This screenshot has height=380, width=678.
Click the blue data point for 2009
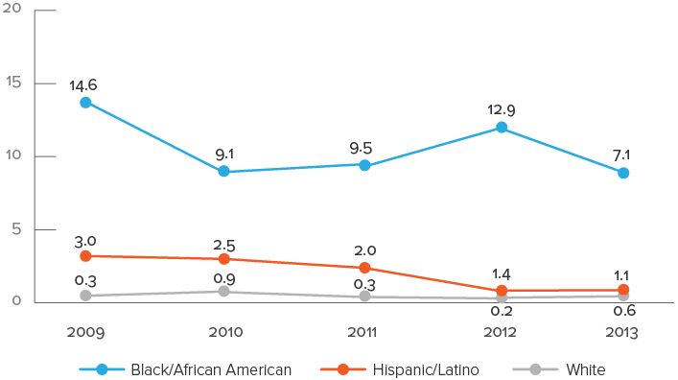(85, 102)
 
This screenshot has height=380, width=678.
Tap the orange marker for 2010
(223, 258)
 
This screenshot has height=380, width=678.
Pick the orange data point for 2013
(623, 289)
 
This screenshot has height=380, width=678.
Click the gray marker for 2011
(364, 297)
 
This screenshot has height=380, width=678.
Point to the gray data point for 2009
(85, 296)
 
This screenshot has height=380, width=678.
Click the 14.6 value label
(83, 85)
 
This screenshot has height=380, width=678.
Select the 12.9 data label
(502, 109)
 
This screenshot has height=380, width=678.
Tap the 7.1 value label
(623, 154)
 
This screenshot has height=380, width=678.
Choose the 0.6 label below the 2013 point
(624, 310)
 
